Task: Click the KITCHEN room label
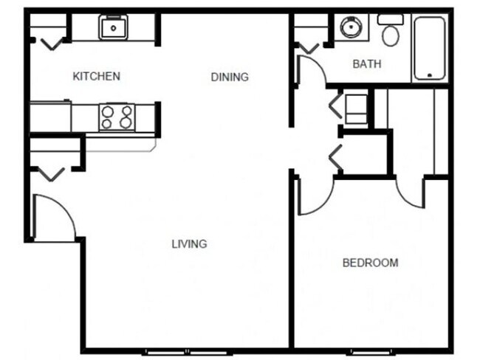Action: pos(96,76)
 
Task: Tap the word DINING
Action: pos(229,77)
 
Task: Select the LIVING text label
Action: pos(189,244)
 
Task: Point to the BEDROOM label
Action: pos(370,263)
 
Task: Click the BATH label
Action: pos(366,64)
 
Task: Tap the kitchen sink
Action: pos(114,28)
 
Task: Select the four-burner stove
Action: pos(117,117)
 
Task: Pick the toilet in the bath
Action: pos(390,31)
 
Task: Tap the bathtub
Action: pos(429,48)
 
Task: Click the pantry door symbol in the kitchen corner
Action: pos(50,43)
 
